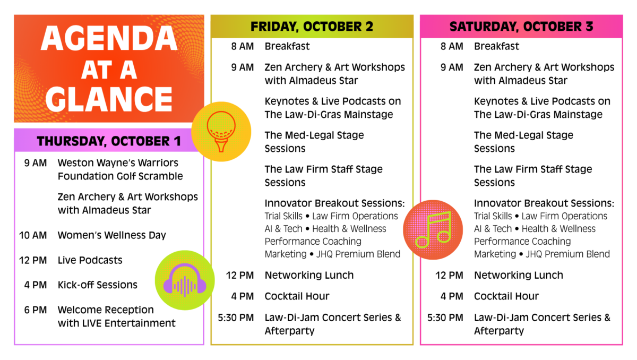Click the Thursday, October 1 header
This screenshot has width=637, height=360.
click(x=109, y=141)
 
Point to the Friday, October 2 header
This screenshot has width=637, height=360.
click(x=312, y=26)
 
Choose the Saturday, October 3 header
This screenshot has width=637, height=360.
click(x=521, y=26)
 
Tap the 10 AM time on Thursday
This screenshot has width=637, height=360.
click(x=36, y=235)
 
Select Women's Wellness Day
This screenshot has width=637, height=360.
click(x=112, y=235)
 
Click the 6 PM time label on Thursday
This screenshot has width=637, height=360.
click(x=36, y=310)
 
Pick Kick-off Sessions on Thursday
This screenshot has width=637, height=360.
click(x=98, y=285)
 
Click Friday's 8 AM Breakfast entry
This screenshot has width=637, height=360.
click(x=287, y=46)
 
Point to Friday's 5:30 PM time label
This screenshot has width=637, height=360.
click(x=236, y=318)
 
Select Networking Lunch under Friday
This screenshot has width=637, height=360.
click(x=309, y=275)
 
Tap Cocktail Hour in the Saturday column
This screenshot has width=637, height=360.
click(x=506, y=296)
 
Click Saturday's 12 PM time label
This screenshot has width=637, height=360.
click(x=449, y=275)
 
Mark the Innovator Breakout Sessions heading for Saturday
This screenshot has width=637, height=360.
click(x=544, y=203)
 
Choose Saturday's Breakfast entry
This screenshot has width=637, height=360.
click(x=496, y=46)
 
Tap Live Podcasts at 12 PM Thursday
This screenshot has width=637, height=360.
click(x=90, y=260)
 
